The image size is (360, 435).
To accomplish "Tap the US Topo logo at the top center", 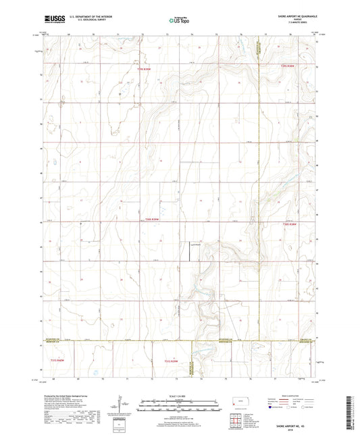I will tap(178, 21).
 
